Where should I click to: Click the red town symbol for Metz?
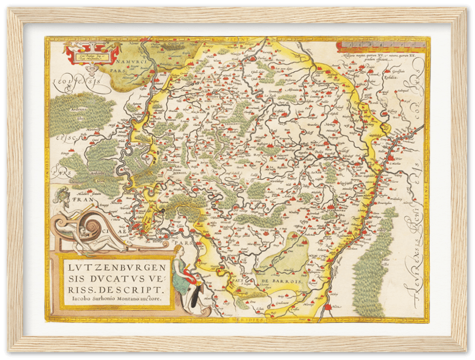pyautogui.click(x=326, y=307)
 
